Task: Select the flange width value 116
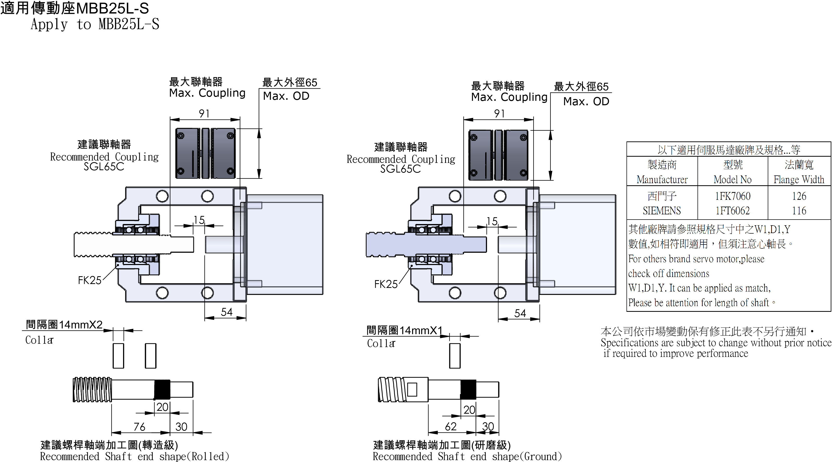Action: [x=799, y=211]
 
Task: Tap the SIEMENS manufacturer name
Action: [x=662, y=211]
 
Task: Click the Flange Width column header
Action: [x=798, y=179]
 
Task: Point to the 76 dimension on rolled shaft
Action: [x=139, y=426]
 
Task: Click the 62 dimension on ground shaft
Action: [x=451, y=426]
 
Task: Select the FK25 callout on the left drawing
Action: [x=89, y=280]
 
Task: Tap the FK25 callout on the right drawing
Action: [x=386, y=284]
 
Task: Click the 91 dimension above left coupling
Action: [x=204, y=114]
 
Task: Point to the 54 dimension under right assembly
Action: [x=520, y=313]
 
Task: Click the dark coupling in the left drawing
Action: [x=206, y=153]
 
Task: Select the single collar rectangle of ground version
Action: [x=455, y=355]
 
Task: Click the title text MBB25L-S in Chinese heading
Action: [x=112, y=8]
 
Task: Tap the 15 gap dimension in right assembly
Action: [x=492, y=221]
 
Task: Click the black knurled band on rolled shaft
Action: [x=162, y=390]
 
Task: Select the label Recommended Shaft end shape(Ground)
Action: [x=467, y=456]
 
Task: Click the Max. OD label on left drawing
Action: [x=286, y=96]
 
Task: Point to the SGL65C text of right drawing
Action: [x=400, y=169]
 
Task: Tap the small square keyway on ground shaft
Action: [x=412, y=390]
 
